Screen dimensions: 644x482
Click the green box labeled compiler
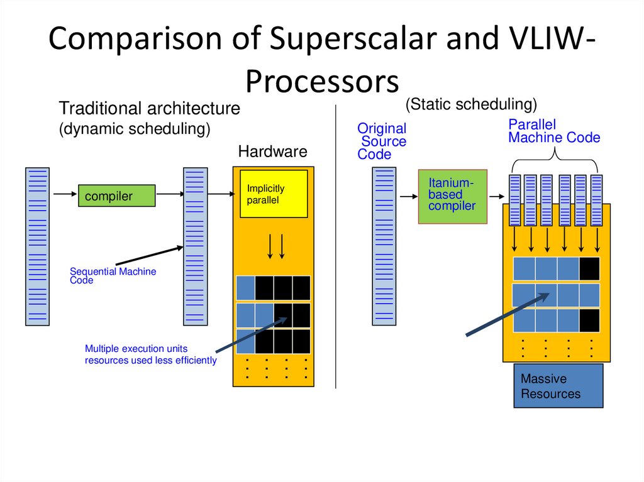coord(116,195)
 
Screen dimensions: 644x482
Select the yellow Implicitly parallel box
coord(274,194)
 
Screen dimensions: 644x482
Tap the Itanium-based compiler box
coord(453,197)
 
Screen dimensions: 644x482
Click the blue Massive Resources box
coord(558,385)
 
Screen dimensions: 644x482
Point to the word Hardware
coord(273,151)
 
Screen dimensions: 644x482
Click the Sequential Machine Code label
coord(113,275)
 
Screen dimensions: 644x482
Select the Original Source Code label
coord(382,141)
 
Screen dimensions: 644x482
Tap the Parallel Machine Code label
coord(554,131)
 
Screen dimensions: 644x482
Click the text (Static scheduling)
coord(471,104)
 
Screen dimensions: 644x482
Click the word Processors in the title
coord(322,81)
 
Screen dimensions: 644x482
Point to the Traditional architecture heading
coord(150,108)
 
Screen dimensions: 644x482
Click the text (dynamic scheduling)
coord(135,129)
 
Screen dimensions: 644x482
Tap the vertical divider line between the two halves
coord(336,246)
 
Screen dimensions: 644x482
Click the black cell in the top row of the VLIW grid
coord(589,269)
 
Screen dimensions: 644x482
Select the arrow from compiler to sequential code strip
coord(170,194)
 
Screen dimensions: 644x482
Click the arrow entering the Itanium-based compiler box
coord(409,197)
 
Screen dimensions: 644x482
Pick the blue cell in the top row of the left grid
coord(246,288)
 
